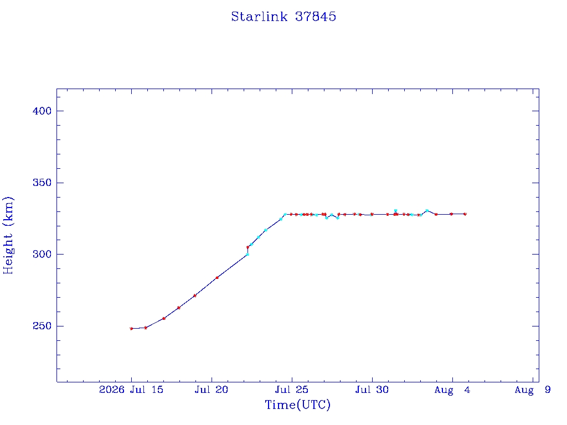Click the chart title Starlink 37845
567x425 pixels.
[x=283, y=17]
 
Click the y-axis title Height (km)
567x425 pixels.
[x=8, y=235]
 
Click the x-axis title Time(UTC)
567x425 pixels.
[x=297, y=405]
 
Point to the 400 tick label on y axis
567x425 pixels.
[x=42, y=111]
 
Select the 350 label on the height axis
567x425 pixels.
[x=42, y=183]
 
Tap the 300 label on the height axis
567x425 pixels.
[x=42, y=255]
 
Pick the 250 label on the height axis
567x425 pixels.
[x=42, y=326]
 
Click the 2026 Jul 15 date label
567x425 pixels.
[x=131, y=390]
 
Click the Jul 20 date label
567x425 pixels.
[x=211, y=390]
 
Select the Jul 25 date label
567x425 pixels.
[x=291, y=390]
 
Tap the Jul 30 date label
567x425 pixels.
[x=372, y=390]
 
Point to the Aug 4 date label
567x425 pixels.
[x=452, y=390]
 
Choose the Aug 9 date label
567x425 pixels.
[x=532, y=390]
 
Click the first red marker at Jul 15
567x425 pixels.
[x=131, y=329]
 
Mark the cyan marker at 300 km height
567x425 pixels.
[x=248, y=255]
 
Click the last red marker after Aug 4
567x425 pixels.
[x=465, y=214]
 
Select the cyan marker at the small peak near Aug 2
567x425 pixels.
[x=427, y=210]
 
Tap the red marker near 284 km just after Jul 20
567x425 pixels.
[x=217, y=278]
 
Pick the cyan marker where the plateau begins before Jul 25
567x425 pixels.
[x=285, y=214]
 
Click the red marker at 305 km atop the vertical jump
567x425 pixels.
[x=248, y=247]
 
